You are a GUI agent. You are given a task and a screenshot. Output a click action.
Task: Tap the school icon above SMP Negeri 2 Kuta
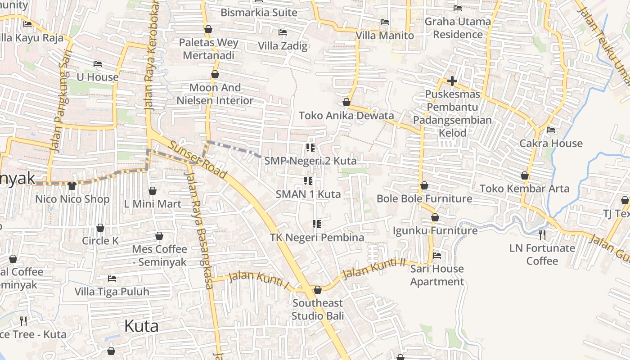(x=310, y=147)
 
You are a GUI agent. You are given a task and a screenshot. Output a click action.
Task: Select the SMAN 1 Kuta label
(x=308, y=194)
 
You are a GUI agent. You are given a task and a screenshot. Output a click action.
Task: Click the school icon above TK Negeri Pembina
(x=316, y=224)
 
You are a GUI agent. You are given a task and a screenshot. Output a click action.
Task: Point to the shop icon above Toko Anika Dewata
(x=346, y=102)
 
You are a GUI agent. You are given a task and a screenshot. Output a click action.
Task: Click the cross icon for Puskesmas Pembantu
(x=452, y=81)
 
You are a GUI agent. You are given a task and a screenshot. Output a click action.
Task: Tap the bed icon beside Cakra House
(x=551, y=130)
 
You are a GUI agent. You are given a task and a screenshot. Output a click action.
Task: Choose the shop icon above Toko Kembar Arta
(x=525, y=175)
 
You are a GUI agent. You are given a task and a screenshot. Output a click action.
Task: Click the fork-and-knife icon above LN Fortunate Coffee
(x=542, y=234)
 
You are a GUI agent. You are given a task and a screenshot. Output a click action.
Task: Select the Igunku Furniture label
(x=435, y=230)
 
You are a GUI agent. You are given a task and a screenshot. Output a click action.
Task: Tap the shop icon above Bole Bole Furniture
(x=424, y=185)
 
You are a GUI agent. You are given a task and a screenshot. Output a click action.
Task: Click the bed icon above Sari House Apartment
(x=437, y=256)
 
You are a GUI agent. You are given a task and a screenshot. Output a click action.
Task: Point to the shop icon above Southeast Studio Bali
(x=318, y=289)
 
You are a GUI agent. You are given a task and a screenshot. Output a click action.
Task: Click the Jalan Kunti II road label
(x=373, y=268)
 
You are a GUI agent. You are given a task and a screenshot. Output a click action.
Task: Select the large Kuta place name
(x=141, y=326)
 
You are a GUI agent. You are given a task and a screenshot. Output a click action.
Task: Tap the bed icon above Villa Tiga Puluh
(x=112, y=279)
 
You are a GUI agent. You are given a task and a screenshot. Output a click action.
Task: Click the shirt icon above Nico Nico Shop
(x=72, y=185)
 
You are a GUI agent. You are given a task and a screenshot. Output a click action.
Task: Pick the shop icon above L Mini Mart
(x=153, y=191)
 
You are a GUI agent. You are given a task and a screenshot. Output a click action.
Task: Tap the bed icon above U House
(x=98, y=63)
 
